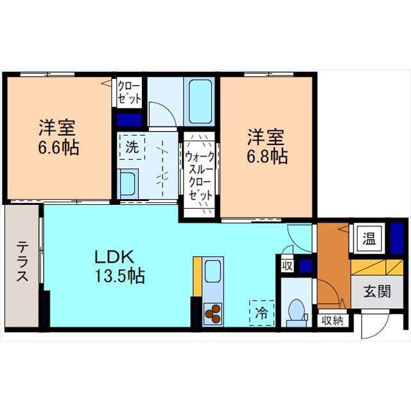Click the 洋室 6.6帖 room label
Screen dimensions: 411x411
point(58,137)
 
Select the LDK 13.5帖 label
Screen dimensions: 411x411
point(119,267)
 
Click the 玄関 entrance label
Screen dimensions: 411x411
point(377,291)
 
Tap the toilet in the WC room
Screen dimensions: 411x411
point(297,313)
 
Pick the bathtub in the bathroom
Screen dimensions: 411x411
point(200,101)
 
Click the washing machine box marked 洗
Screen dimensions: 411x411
point(132,147)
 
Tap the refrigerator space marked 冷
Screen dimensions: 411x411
point(261,313)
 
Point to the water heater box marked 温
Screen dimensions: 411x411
point(369,239)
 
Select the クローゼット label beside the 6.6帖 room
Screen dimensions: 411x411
point(129,92)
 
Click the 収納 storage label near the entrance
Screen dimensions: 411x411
point(333,320)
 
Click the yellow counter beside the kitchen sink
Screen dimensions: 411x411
point(197,276)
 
